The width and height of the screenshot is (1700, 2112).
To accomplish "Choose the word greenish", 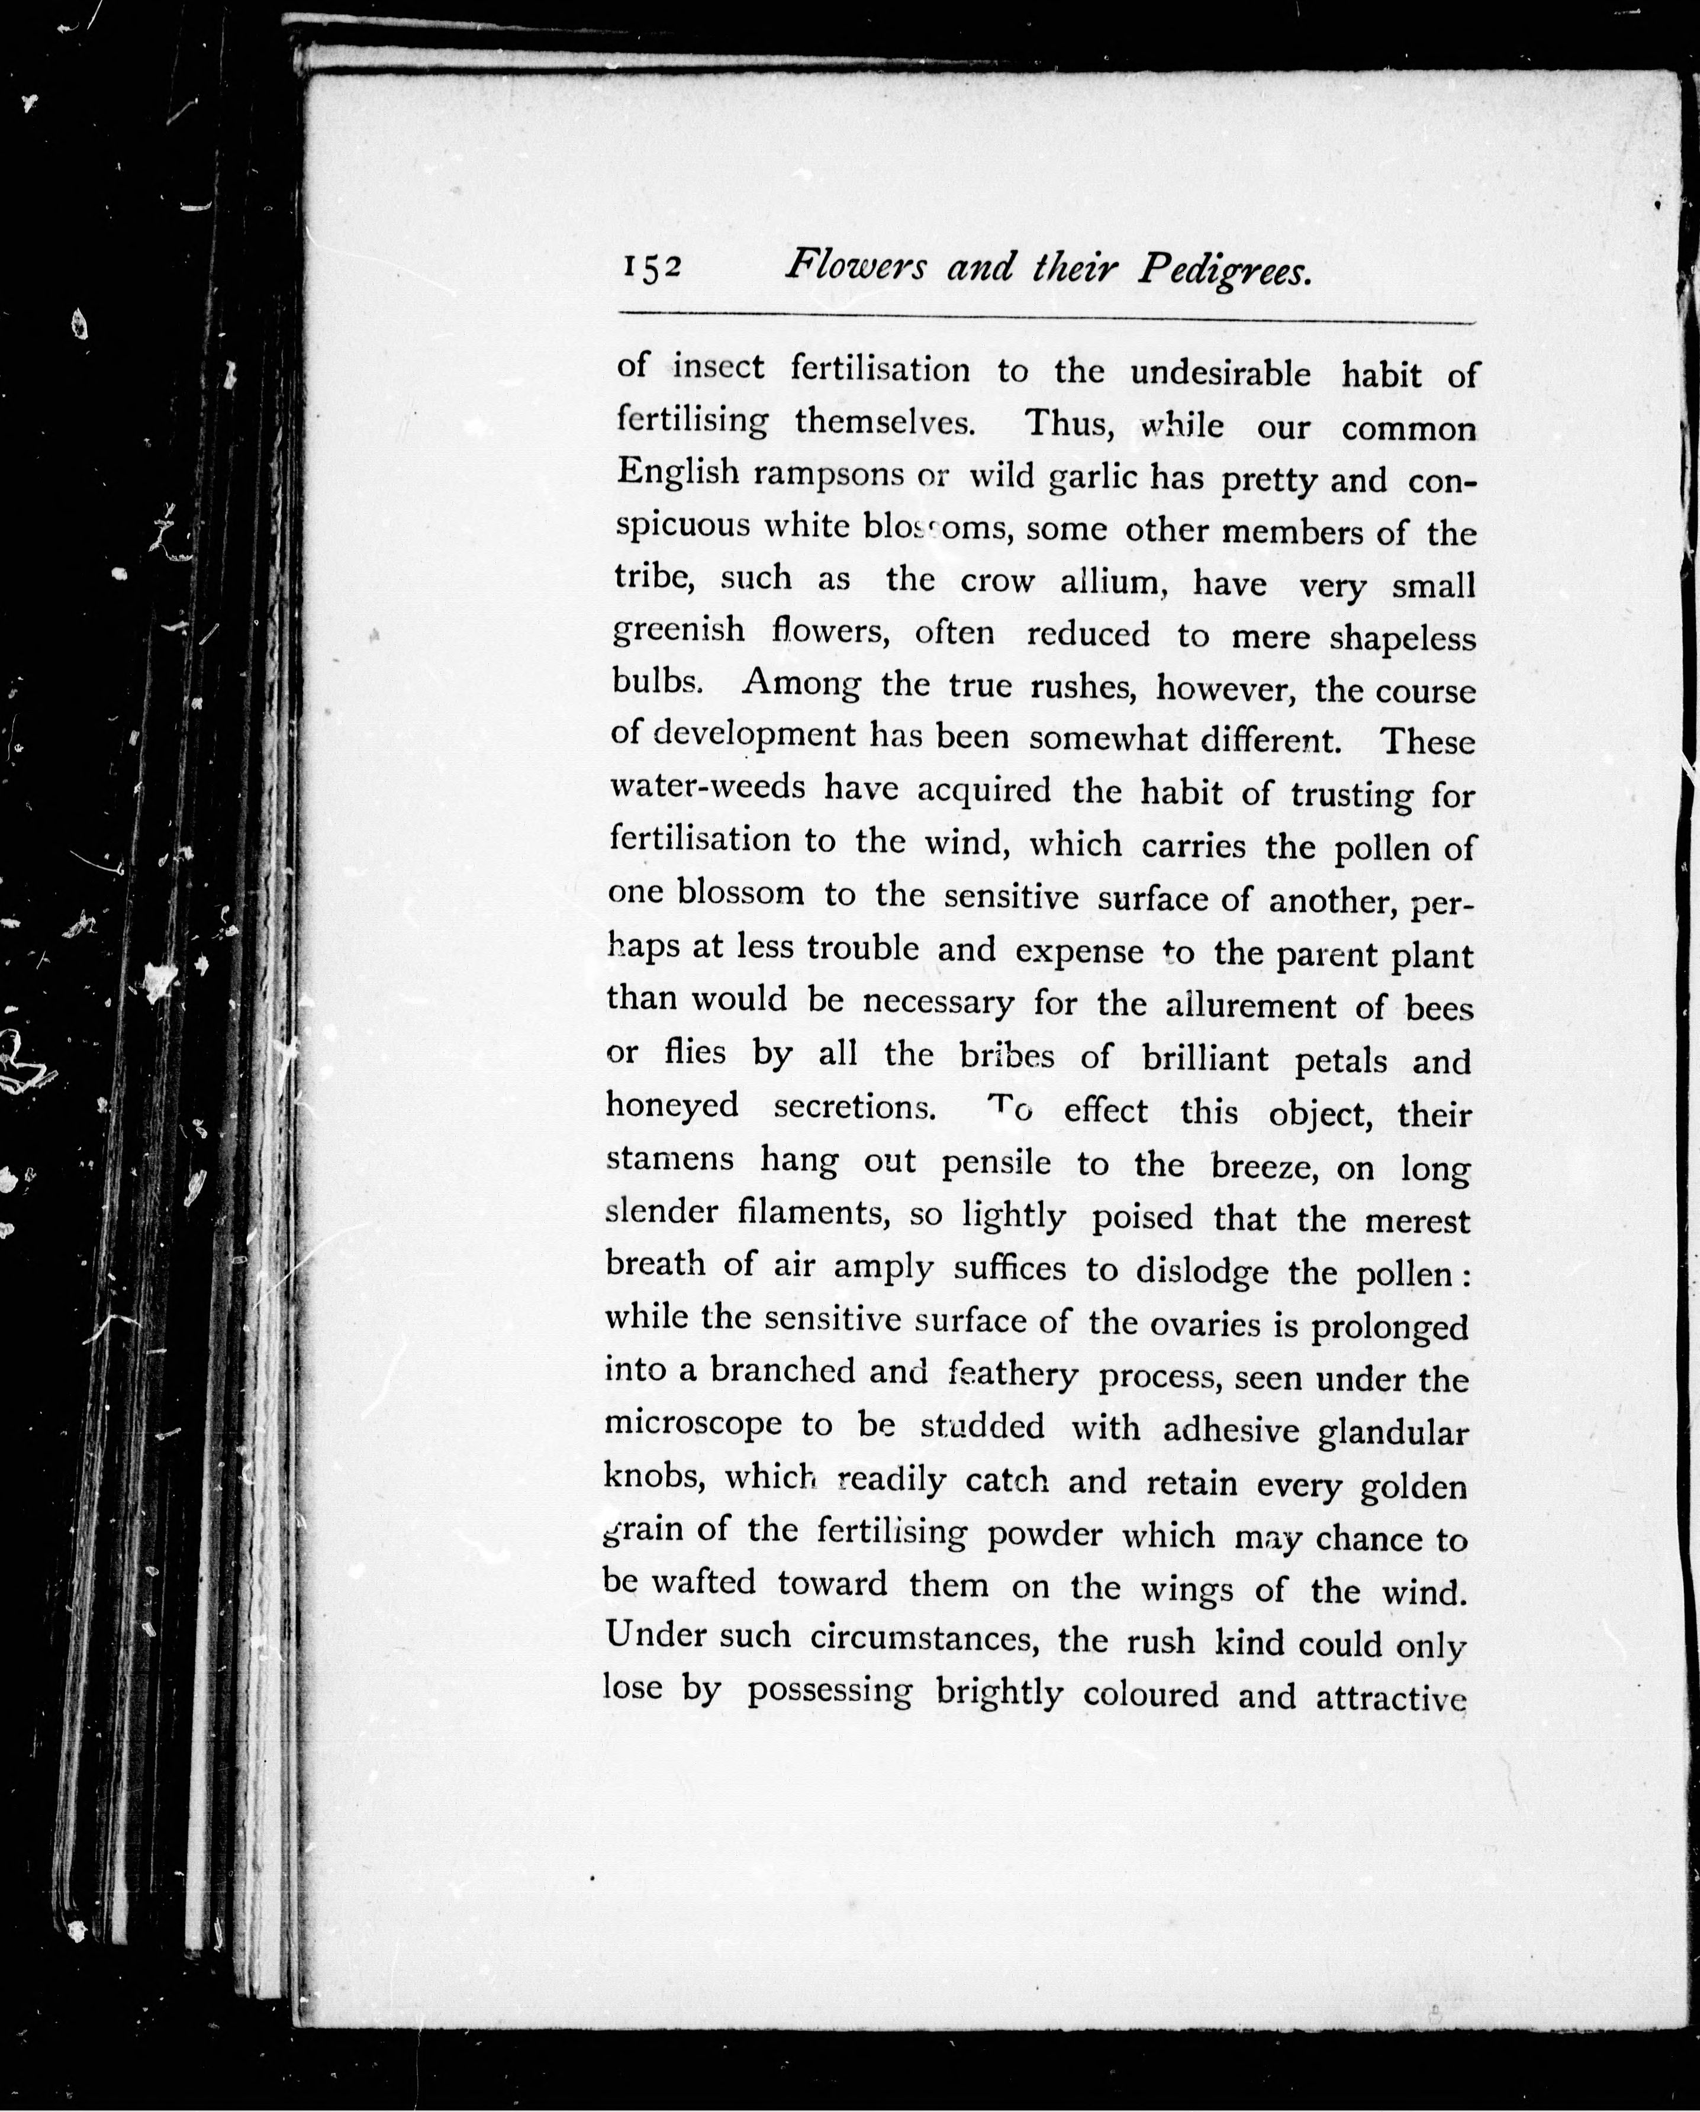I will [x=678, y=630].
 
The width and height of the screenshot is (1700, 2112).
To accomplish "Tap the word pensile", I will [x=996, y=1163].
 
